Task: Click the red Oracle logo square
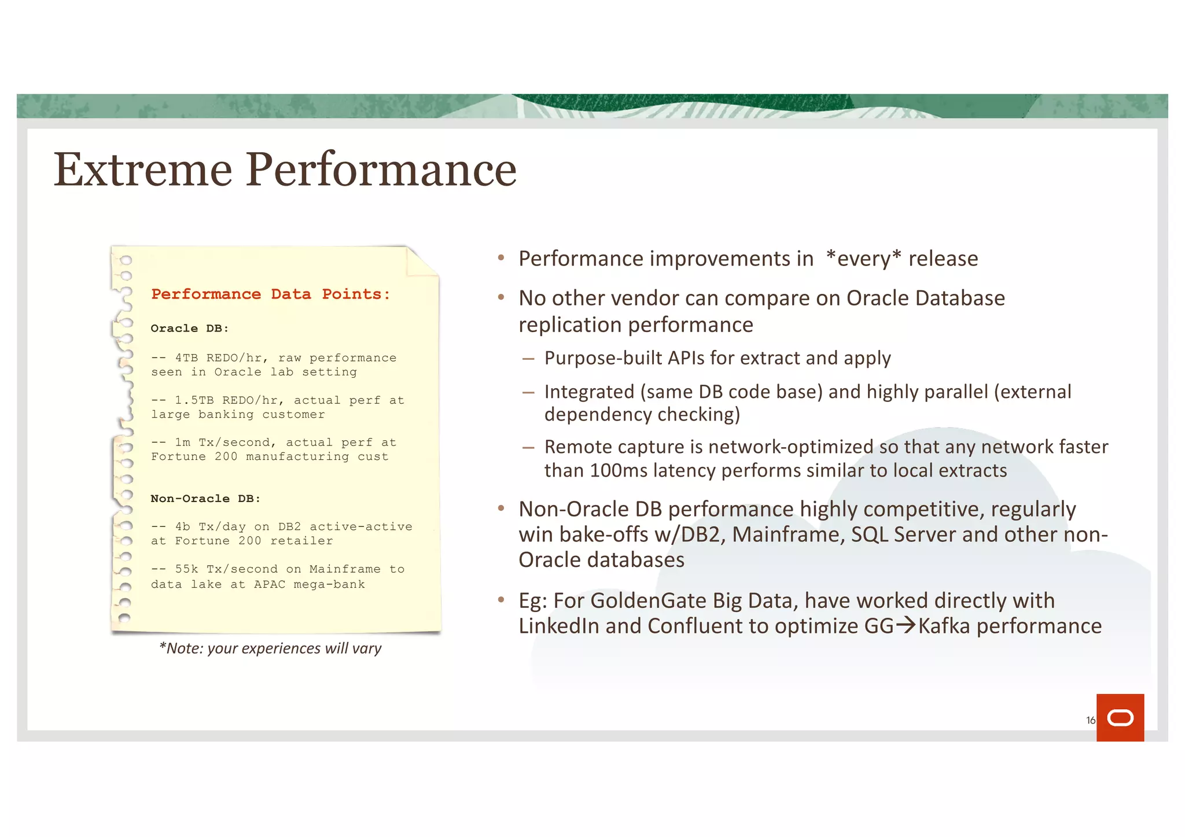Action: pos(1120,717)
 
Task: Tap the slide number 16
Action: pos(1090,720)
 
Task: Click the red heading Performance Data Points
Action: pos(270,294)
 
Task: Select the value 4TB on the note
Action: pos(186,358)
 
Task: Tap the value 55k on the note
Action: pos(186,569)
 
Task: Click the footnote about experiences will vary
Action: pos(270,648)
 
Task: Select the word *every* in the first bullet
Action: pos(863,259)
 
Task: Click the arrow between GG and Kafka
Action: pos(906,625)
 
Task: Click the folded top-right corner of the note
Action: pos(421,261)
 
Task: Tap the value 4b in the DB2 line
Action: pos(182,527)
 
